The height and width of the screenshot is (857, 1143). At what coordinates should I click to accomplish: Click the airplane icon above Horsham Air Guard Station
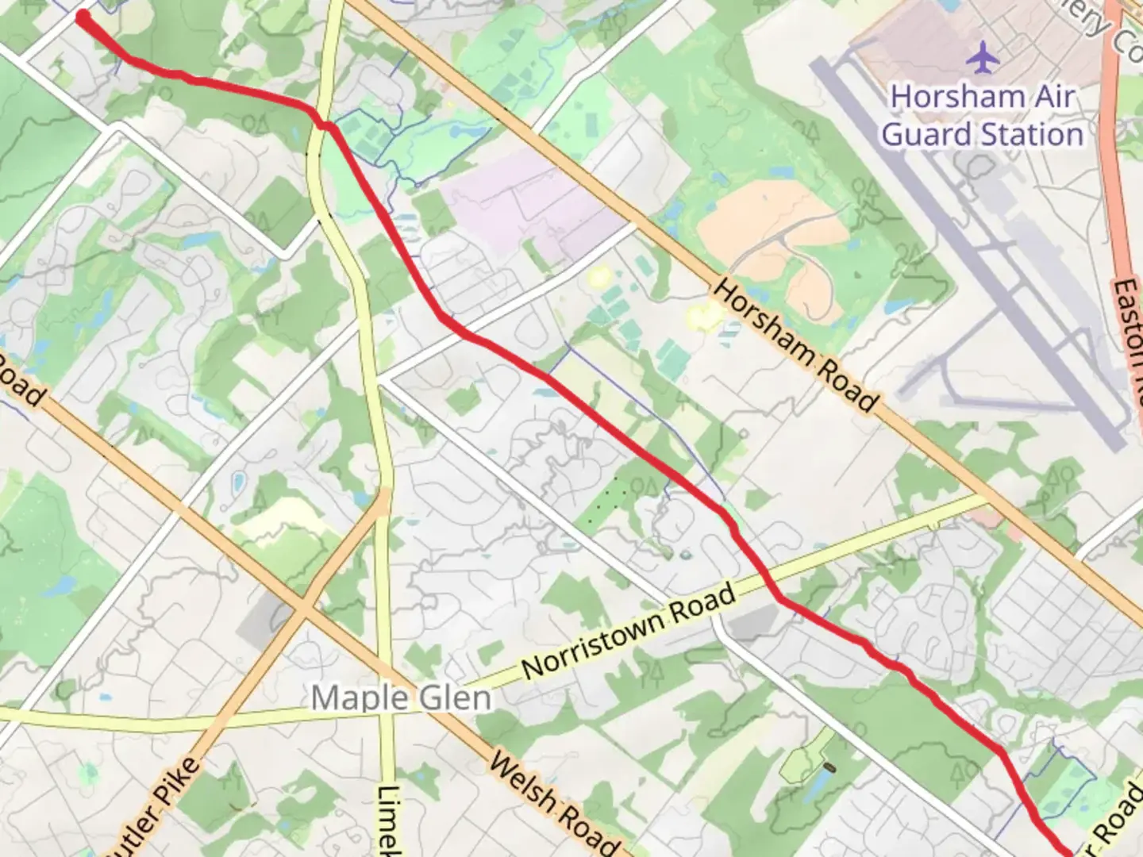click(983, 57)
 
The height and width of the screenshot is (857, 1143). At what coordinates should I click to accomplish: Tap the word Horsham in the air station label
click(943, 97)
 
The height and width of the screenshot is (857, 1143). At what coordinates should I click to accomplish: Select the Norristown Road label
click(629, 632)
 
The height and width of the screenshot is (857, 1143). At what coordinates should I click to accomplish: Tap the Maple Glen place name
click(400, 698)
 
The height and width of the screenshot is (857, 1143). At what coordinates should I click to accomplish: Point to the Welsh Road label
click(552, 801)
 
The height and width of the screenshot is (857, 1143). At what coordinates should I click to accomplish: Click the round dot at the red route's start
click(83, 17)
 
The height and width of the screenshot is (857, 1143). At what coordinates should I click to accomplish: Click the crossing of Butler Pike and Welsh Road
click(305, 609)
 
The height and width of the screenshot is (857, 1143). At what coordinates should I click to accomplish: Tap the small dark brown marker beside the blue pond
click(830, 768)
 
